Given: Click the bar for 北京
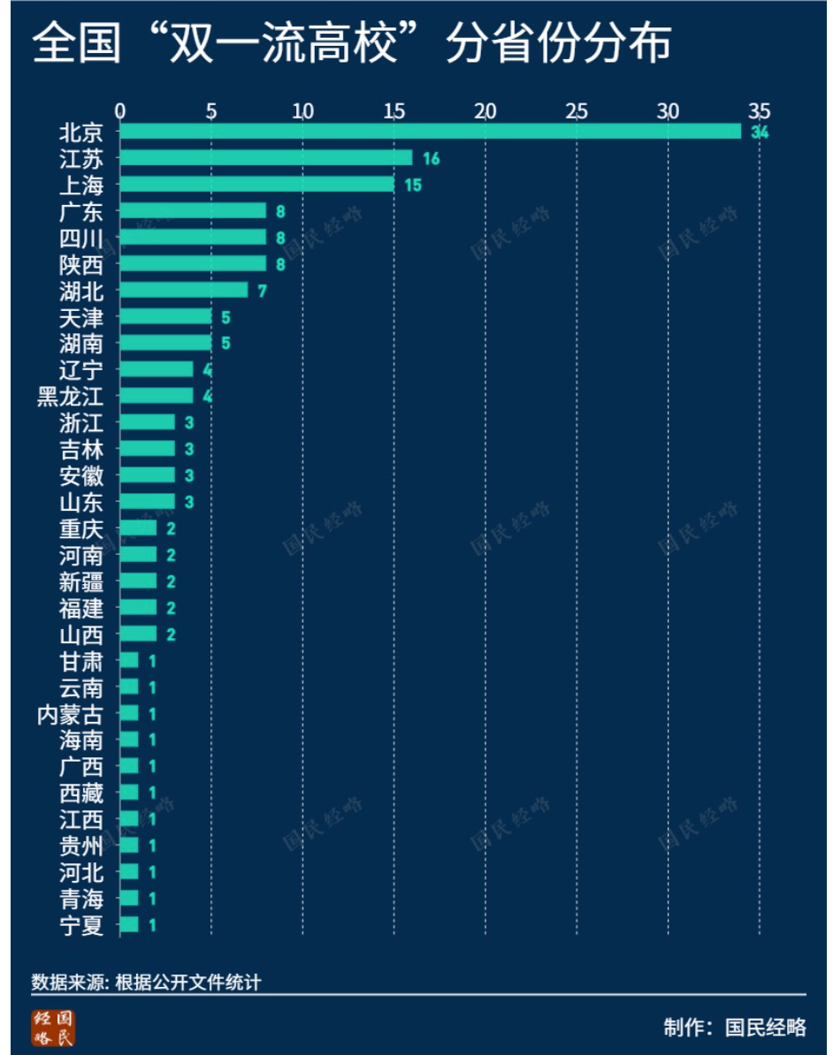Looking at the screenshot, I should point(430,132).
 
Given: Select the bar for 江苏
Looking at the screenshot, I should point(265,158).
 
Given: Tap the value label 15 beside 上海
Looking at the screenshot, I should point(413,186).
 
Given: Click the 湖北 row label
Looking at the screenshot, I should point(81,291).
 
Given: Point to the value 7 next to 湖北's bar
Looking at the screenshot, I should point(262,291).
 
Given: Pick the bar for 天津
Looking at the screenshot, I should point(165,316).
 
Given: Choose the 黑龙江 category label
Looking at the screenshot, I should point(70,397).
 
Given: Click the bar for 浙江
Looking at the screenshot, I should point(147,422).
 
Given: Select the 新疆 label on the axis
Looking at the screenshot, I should point(81,582).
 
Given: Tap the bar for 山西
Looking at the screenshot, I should point(138,634).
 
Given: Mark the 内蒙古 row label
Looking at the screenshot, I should point(70,715).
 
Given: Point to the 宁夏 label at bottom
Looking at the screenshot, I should point(81,926).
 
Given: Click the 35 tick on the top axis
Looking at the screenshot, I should point(759,111).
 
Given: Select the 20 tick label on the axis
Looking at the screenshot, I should point(485,111).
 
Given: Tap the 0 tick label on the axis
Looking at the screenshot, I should point(120,111).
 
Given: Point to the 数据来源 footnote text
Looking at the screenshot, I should point(146,983).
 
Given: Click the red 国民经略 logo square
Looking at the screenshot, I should point(54,1027).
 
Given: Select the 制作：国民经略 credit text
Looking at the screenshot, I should point(735,1028).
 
